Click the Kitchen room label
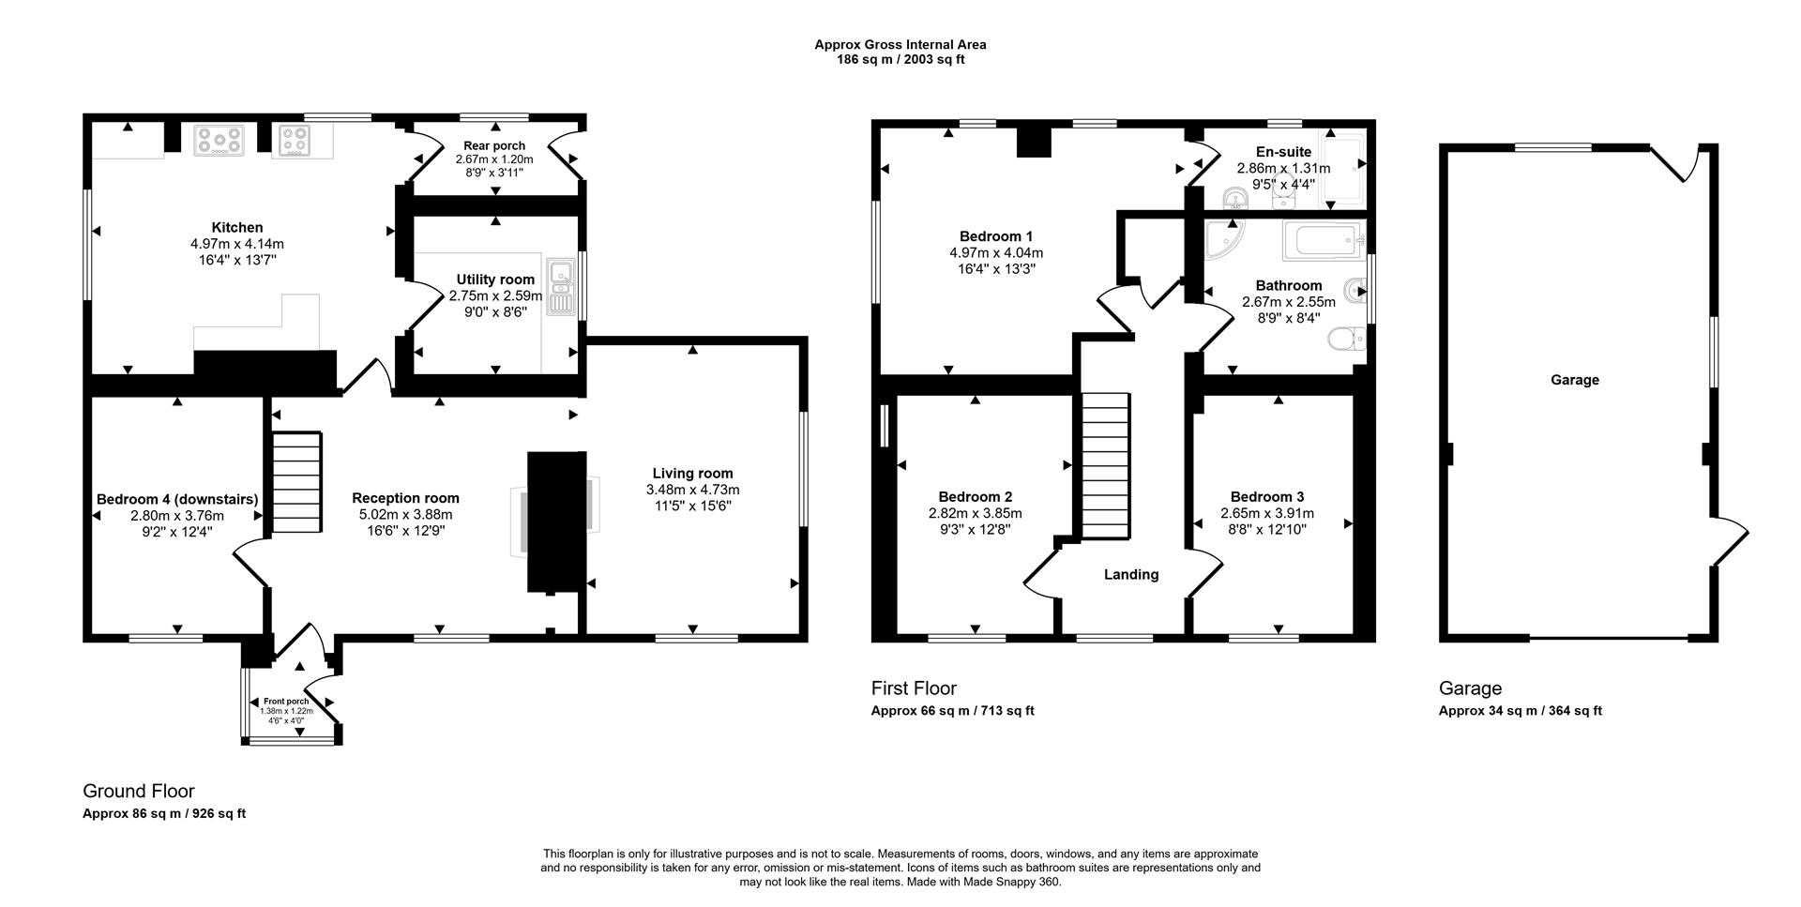click(x=236, y=227)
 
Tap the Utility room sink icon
click(x=560, y=288)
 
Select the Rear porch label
click(x=494, y=146)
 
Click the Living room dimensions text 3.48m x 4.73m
click(x=692, y=490)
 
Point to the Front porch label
click(x=286, y=702)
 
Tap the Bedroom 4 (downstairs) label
click(x=177, y=499)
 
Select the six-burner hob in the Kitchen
click(x=219, y=141)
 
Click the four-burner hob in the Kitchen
click(x=295, y=141)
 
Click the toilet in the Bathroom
click(x=1348, y=340)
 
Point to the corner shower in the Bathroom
click(x=1224, y=240)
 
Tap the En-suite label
click(x=1283, y=152)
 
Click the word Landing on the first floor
click(x=1130, y=574)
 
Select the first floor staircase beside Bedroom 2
click(x=1106, y=465)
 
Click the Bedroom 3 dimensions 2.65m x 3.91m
click(x=1266, y=513)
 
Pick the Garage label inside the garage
click(x=1574, y=380)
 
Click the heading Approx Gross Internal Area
click(x=900, y=44)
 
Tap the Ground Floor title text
click(x=139, y=791)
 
